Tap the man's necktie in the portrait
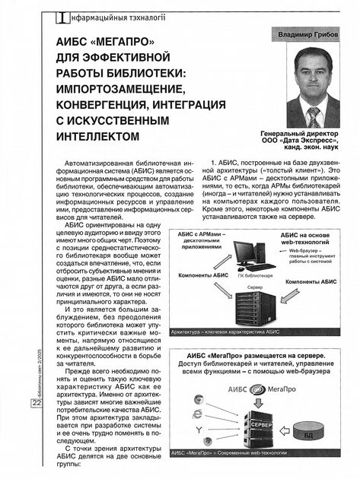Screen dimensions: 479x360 [312, 115]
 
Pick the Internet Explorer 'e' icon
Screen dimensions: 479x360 [198, 414]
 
